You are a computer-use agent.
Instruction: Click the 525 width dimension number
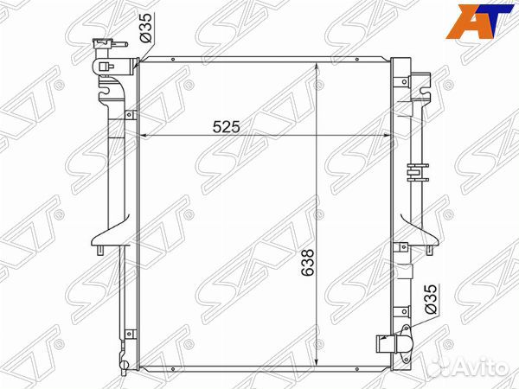tap(226, 126)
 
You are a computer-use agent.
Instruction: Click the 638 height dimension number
tap(307, 262)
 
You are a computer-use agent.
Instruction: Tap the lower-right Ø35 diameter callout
tap(432, 299)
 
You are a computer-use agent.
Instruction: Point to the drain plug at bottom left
tap(124, 364)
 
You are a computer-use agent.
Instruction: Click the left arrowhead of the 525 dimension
tap(144, 136)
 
